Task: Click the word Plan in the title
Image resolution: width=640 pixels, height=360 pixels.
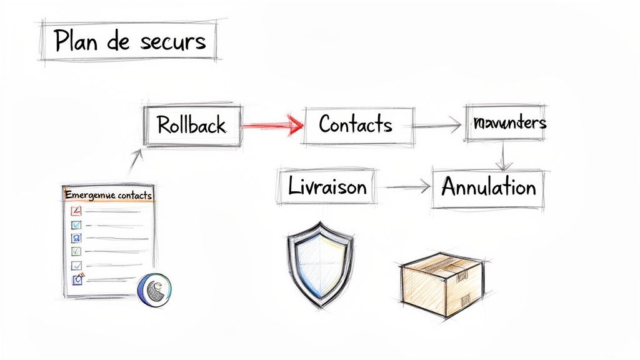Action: (75, 41)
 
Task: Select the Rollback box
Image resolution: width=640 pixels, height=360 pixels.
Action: (191, 125)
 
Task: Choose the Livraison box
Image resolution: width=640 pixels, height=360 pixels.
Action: (327, 186)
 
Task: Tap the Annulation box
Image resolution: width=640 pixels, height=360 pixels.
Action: (488, 187)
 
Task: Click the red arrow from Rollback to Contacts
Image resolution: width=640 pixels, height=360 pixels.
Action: (271, 126)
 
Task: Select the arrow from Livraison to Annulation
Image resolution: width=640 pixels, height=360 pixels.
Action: (407, 186)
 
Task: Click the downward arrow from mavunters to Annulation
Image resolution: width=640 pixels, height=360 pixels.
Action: (504, 156)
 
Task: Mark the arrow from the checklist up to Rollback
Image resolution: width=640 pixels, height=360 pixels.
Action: (136, 162)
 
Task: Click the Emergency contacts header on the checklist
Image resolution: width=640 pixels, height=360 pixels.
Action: (108, 195)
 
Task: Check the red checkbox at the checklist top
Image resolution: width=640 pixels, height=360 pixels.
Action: (76, 211)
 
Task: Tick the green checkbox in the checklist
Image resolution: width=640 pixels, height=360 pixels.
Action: (76, 251)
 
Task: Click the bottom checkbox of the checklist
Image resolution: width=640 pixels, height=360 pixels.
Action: (77, 279)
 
